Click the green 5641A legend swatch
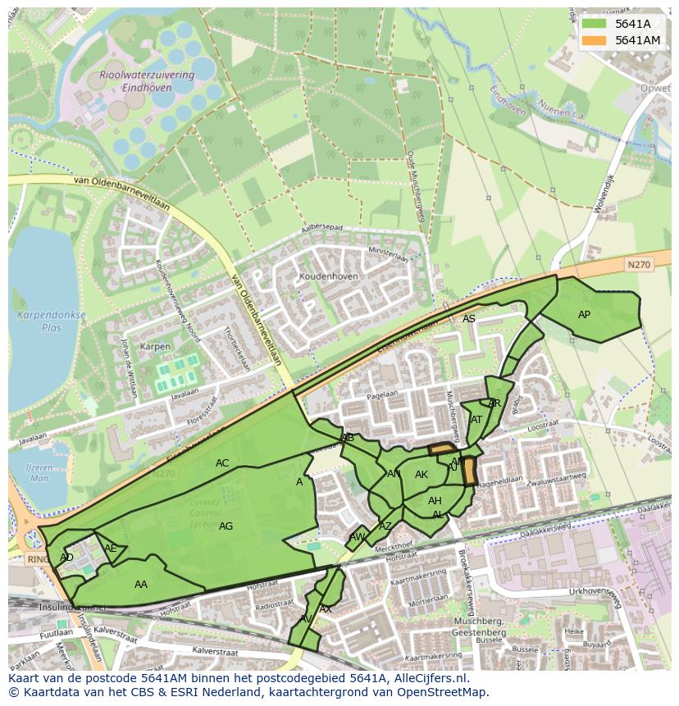coord(595,24)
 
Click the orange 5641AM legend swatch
coord(595,40)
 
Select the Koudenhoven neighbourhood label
coord(329,277)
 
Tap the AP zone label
coord(584,315)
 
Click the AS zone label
coord(468,319)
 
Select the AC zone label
coord(222,463)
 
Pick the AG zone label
coord(226,526)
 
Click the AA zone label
coord(141,585)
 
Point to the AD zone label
coord(67,558)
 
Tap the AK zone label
coord(422,475)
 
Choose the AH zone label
coord(435,501)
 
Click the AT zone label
coord(476,420)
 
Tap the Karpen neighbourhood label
coord(155,347)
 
